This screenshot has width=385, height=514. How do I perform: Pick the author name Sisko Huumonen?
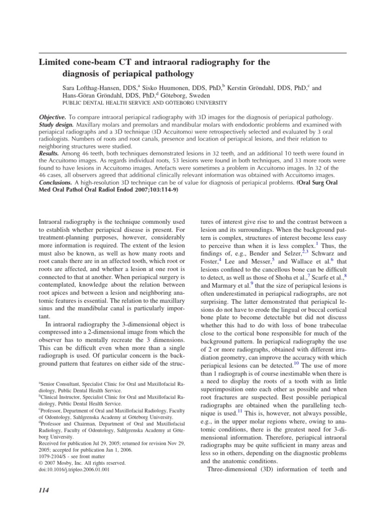[x=170, y=87]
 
